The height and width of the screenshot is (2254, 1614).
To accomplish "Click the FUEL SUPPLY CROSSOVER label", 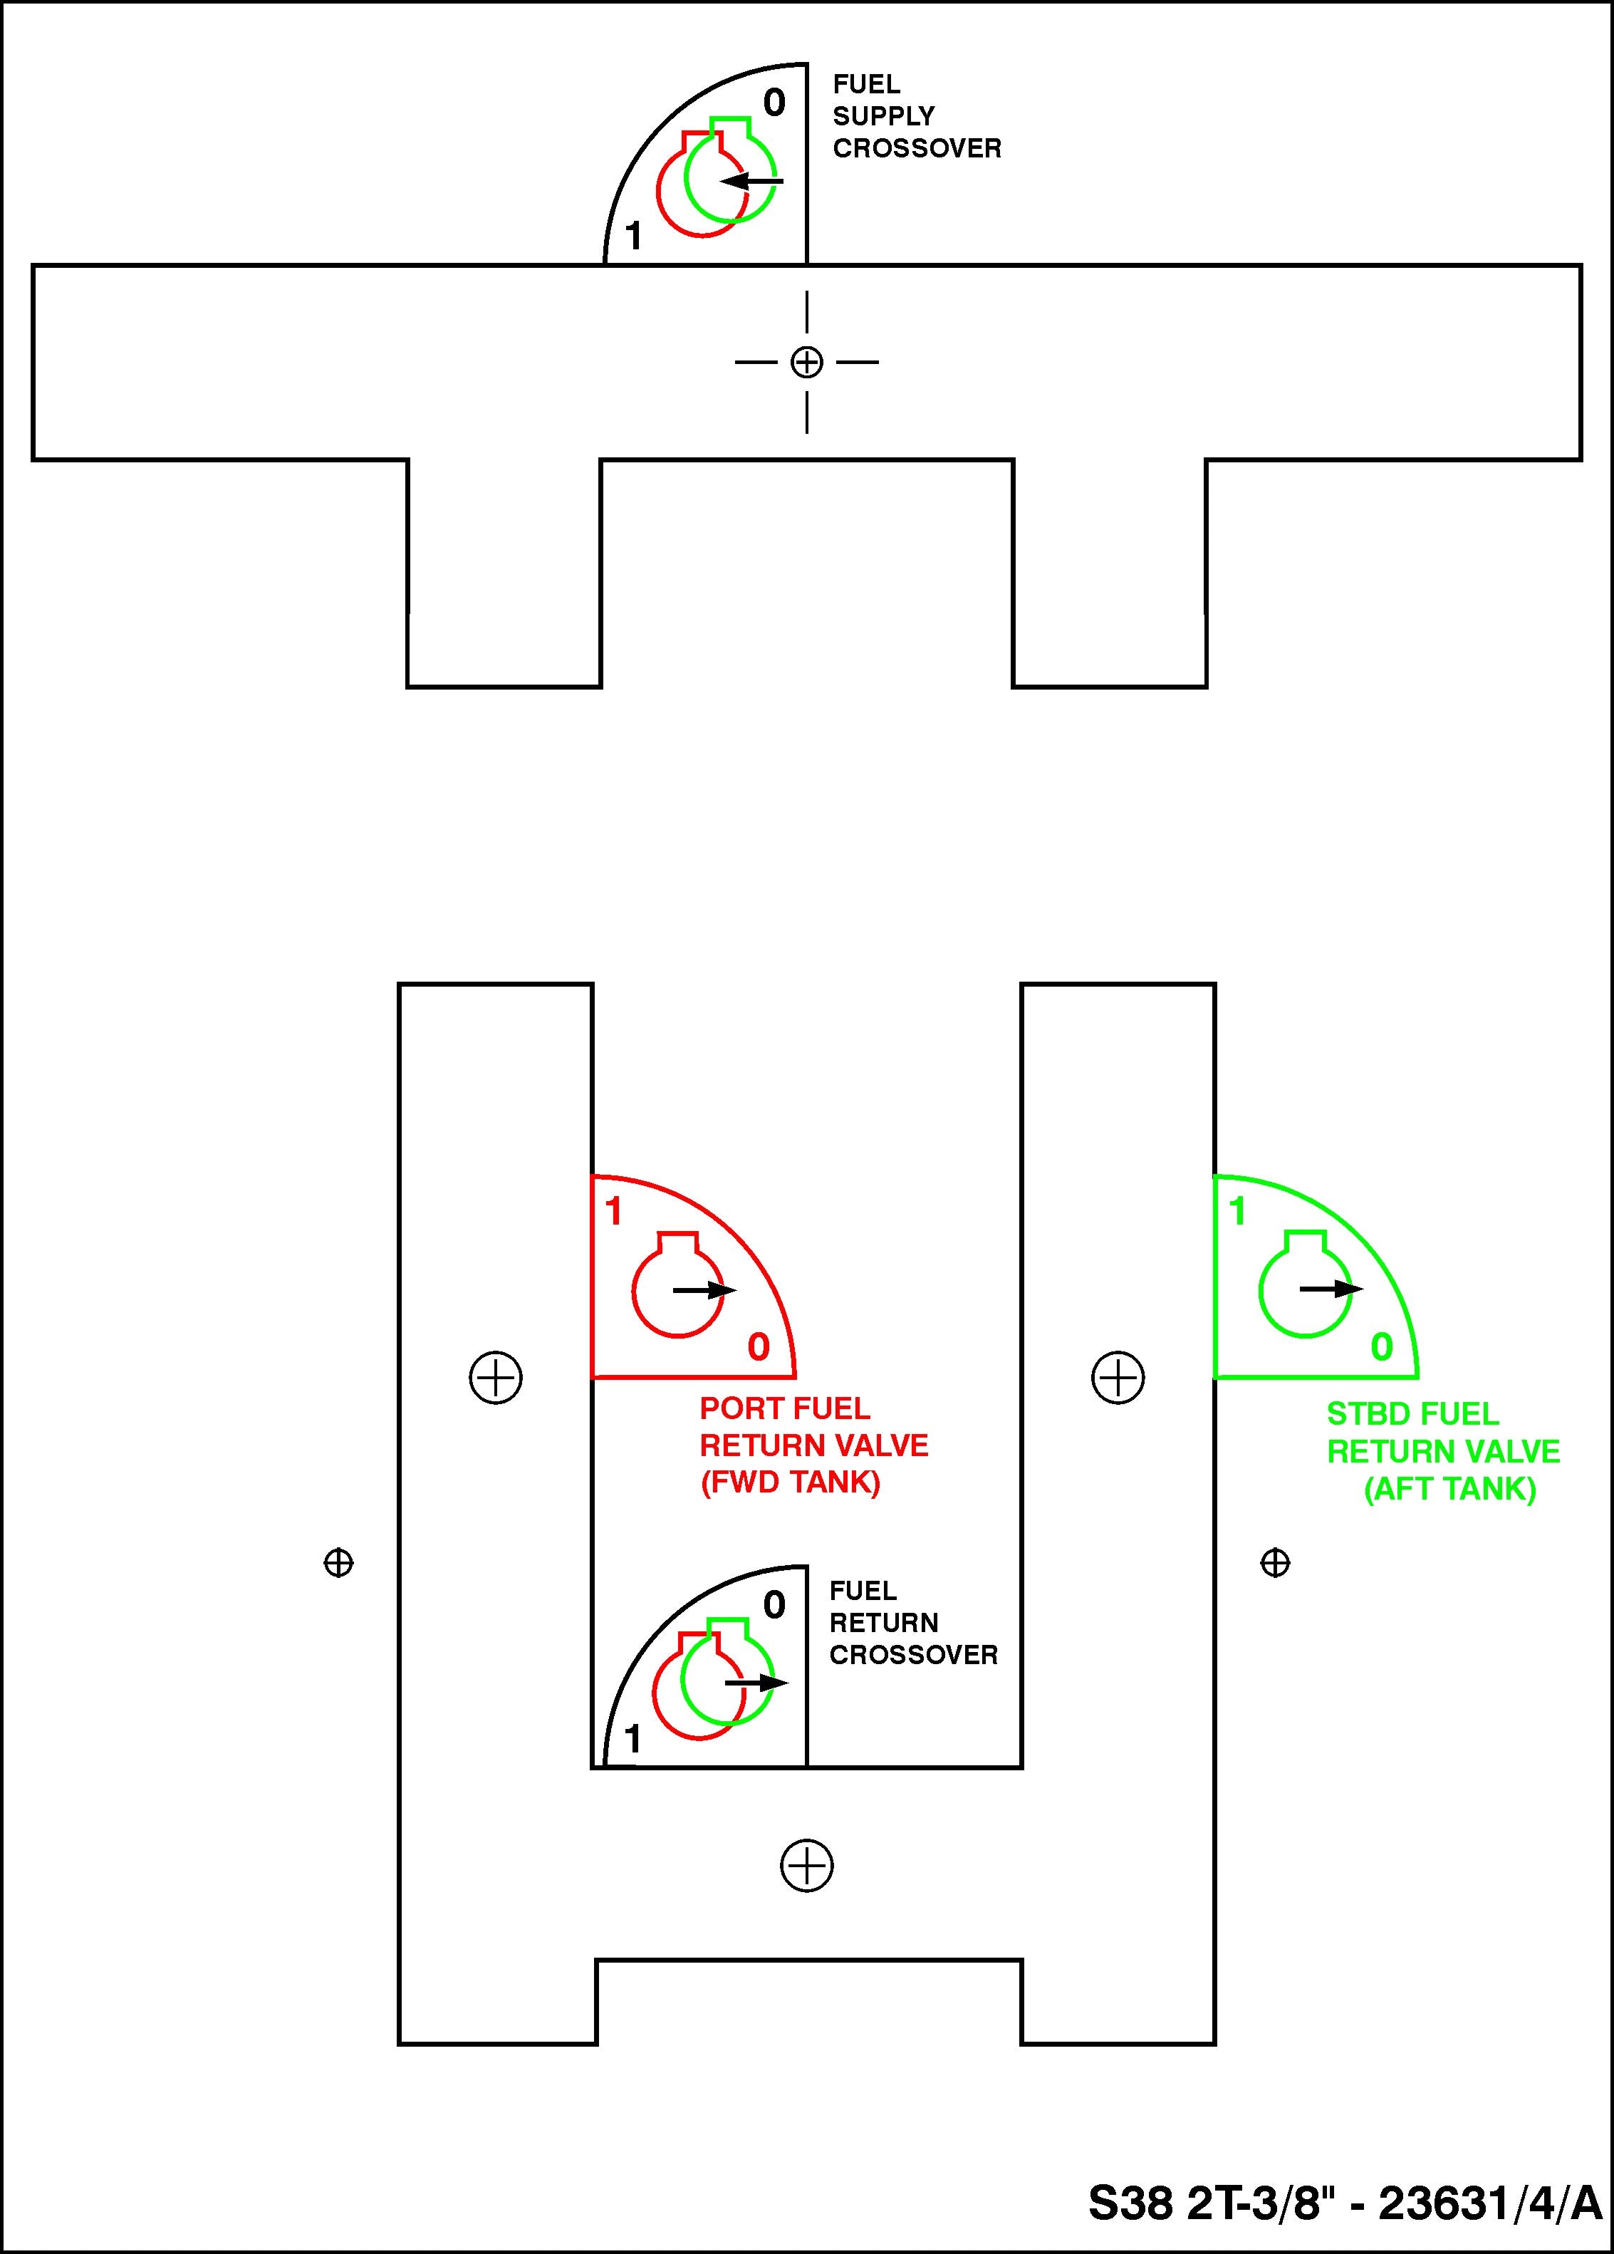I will (915, 116).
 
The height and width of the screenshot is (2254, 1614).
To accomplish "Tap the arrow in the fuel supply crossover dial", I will (751, 182).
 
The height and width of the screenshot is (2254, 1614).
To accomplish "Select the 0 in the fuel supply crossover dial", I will (774, 103).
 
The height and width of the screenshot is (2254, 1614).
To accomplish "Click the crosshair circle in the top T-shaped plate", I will (806, 363).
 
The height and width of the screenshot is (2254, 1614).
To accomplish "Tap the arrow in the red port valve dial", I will (704, 1291).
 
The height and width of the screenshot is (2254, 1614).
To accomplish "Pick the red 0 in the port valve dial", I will (759, 1348).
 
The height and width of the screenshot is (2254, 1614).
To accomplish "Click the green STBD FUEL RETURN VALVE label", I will (1442, 1451).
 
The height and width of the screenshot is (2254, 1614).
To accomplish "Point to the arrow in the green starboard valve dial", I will (1331, 1289).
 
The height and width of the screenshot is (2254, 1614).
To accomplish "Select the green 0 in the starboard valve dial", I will (1381, 1348).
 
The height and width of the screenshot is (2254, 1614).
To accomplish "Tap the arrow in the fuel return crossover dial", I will (756, 1683).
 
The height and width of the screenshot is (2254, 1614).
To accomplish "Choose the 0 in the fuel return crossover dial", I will (774, 1605).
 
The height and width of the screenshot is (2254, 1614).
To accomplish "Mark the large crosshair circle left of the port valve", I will (495, 1378).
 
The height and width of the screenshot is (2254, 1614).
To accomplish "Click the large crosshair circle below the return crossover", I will (806, 1866).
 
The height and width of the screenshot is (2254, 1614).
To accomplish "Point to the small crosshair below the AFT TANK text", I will (1275, 1563).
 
